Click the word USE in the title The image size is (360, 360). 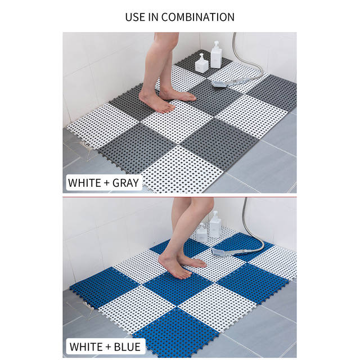point(136,17)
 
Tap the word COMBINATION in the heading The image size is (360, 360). point(197,17)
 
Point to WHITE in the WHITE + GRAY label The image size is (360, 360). point(85,183)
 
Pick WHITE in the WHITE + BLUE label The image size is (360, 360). point(85,345)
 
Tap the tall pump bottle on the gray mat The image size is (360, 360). point(216,56)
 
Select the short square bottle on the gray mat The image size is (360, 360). point(201,63)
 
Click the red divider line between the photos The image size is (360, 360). point(180,197)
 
